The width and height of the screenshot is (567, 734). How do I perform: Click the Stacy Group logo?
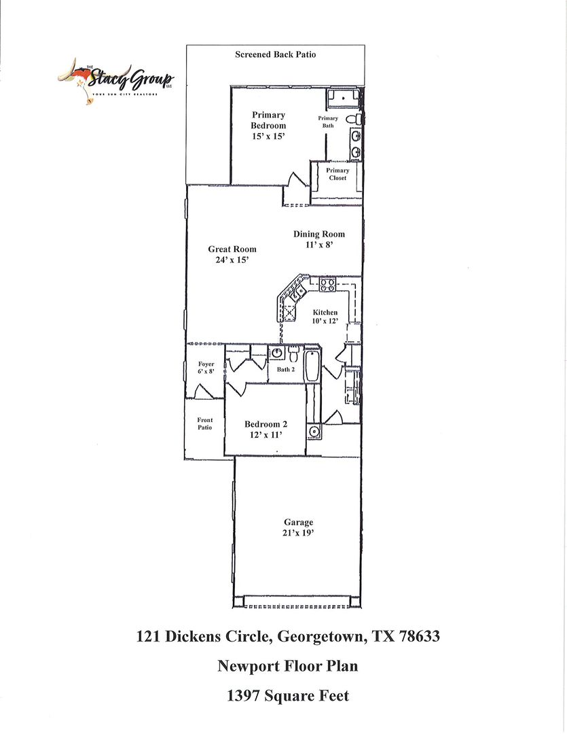(115, 80)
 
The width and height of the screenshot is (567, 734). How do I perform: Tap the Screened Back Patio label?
(275, 55)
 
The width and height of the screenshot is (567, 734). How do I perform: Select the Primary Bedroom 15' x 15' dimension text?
(268, 137)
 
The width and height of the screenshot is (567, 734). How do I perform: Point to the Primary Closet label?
(337, 174)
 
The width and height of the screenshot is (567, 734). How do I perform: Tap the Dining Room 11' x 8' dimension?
(319, 245)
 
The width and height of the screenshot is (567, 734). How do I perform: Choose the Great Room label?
(232, 249)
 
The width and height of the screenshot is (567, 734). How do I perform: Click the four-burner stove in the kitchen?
(327, 285)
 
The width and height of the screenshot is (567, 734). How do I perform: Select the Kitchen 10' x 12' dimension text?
(325, 321)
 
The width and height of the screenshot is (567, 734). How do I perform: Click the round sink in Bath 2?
(276, 353)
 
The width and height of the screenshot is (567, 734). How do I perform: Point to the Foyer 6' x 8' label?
(206, 368)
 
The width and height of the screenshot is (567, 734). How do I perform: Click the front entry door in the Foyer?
(201, 392)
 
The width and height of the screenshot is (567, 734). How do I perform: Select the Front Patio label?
(204, 423)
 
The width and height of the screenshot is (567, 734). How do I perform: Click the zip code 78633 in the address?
(419, 637)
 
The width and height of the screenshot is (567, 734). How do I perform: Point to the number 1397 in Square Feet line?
(244, 696)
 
